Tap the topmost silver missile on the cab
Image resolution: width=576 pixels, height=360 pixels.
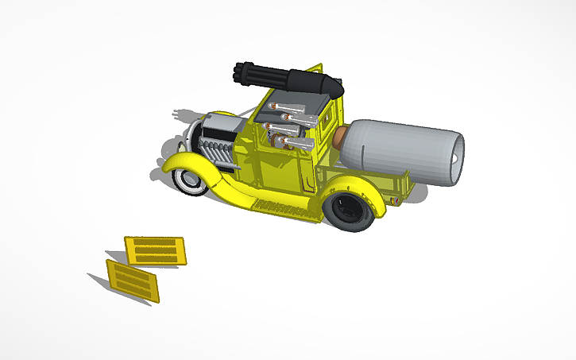tap(283, 106)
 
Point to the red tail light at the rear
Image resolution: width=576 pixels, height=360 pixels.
tap(395, 200)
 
